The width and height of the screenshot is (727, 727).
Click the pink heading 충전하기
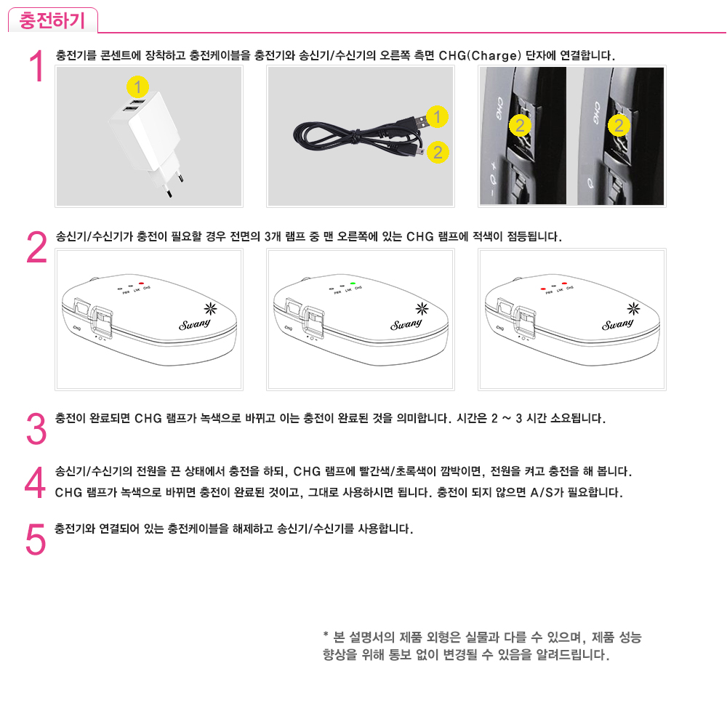[x=52, y=21]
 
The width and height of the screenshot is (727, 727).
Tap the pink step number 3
[x=36, y=429]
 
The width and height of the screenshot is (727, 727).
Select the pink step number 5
[x=36, y=539]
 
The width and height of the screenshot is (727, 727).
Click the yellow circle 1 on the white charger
[x=137, y=87]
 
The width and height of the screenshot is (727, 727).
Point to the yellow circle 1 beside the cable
[x=437, y=117]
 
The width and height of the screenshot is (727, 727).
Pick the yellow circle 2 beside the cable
[x=438, y=152]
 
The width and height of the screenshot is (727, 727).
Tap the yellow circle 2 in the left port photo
[x=520, y=125]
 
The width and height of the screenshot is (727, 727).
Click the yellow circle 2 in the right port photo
[x=619, y=125]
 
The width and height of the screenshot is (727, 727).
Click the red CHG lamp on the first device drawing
[x=142, y=284]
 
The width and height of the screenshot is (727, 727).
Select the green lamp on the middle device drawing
[x=353, y=284]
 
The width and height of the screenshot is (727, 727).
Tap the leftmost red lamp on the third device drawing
[x=543, y=289]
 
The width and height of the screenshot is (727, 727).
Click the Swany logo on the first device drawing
[x=195, y=324]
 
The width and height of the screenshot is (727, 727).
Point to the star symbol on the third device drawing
[x=633, y=308]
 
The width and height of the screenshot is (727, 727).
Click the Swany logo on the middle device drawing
[x=406, y=324]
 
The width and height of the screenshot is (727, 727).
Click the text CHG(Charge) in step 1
[x=480, y=56]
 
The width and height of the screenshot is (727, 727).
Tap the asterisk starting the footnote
[x=326, y=634]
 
